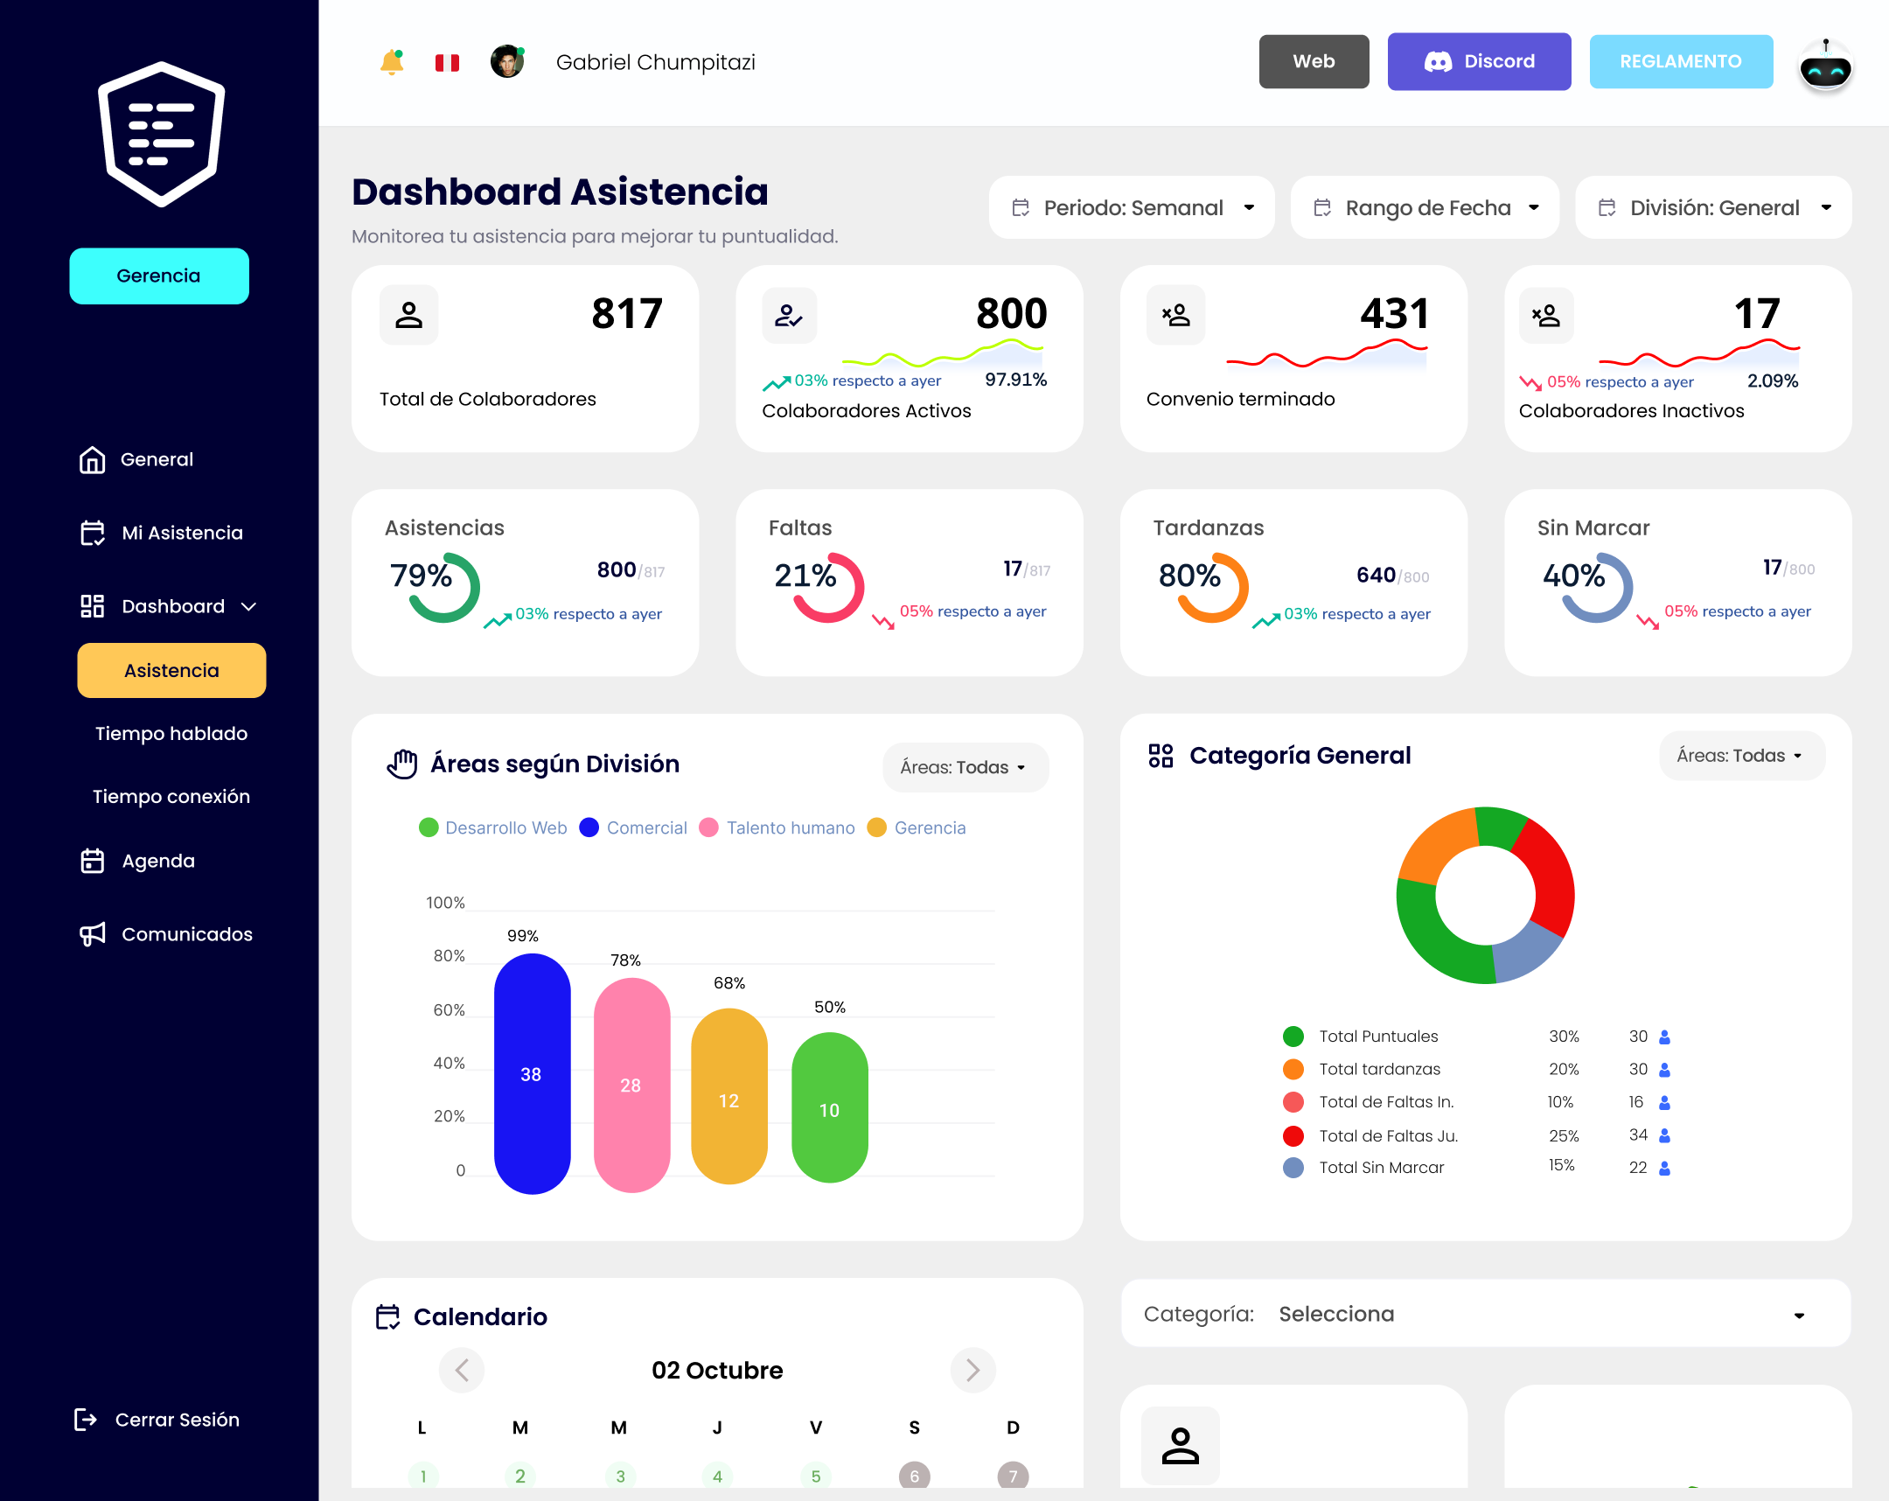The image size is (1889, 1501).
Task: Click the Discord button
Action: [x=1478, y=61]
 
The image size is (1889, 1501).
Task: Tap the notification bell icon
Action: [x=392, y=62]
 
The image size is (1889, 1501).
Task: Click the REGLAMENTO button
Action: [x=1680, y=61]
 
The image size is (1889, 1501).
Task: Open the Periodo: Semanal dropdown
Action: [x=1131, y=207]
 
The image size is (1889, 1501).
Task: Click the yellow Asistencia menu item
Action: [x=171, y=670]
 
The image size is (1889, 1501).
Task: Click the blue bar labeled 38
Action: [x=532, y=1073]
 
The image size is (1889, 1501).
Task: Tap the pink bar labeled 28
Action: [x=631, y=1085]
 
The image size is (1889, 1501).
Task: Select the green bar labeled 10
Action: [x=829, y=1109]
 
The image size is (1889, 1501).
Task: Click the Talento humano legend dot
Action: [x=709, y=827]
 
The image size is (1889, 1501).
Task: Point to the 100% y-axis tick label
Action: [x=445, y=903]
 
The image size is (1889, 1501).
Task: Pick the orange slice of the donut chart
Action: [x=1434, y=846]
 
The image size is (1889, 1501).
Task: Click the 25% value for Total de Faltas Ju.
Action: [x=1563, y=1135]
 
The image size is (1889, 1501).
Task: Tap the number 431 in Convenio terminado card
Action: [x=1394, y=314]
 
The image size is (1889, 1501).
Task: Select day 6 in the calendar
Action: [x=914, y=1476]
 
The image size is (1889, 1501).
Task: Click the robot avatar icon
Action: [x=1825, y=66]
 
